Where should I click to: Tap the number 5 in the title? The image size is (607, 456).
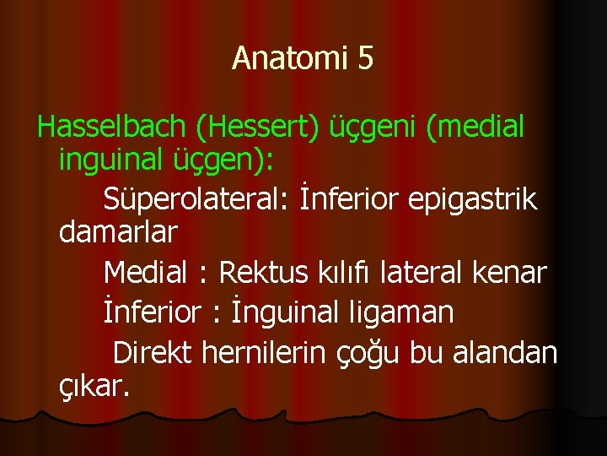tap(365, 58)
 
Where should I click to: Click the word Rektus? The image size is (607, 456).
tap(266, 273)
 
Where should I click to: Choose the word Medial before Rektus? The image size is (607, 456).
tap(145, 273)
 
